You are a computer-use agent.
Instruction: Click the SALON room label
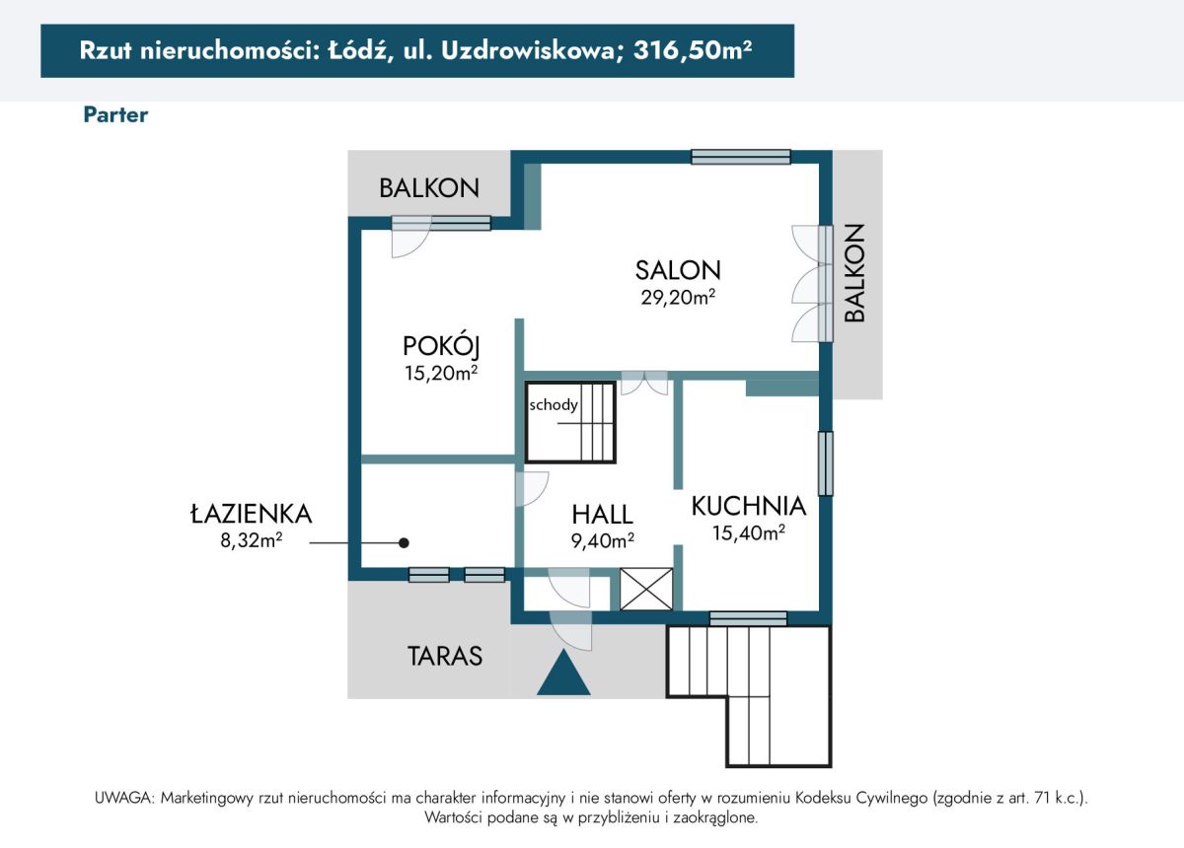(x=678, y=270)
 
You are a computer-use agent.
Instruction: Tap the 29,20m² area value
(x=678, y=298)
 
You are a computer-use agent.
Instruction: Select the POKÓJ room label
(x=441, y=347)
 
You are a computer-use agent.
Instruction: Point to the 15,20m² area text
(x=441, y=373)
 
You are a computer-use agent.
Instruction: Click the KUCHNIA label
(x=749, y=506)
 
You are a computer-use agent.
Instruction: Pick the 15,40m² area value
(x=749, y=532)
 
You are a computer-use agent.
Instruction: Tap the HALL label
(x=603, y=515)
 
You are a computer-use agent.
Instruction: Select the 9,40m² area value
(x=603, y=540)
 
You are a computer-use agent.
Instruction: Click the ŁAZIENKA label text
(x=252, y=514)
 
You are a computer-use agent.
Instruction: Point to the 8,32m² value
(x=252, y=540)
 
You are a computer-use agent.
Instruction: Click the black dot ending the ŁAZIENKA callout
(x=404, y=542)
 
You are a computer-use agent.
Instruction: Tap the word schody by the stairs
(x=554, y=405)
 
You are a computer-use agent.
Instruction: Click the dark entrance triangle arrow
(x=563, y=672)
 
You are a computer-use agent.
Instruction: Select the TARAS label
(x=445, y=656)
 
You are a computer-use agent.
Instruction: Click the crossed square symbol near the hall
(x=646, y=589)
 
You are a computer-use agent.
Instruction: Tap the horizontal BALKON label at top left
(x=429, y=188)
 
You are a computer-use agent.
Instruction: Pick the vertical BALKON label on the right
(x=854, y=272)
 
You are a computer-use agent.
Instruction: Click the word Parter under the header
(x=115, y=115)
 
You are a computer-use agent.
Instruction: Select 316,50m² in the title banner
(x=693, y=50)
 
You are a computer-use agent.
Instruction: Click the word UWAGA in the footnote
(x=124, y=798)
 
